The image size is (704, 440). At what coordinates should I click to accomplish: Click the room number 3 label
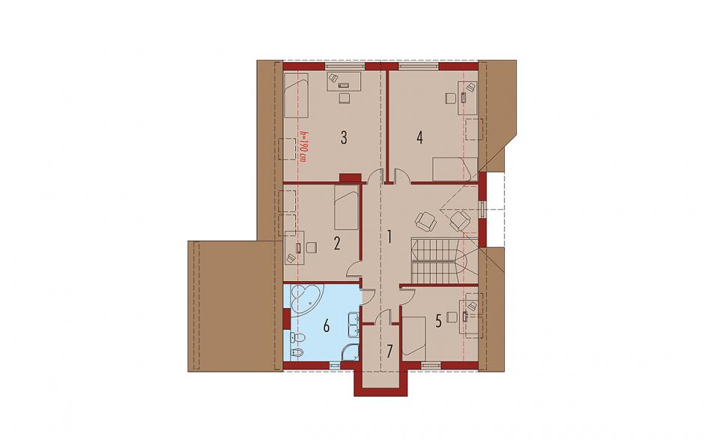coord(344,137)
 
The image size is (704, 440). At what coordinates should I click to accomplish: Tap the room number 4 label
coord(419,137)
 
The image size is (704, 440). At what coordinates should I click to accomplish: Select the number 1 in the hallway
coord(389,237)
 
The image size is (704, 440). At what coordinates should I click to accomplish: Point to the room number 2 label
coord(337,244)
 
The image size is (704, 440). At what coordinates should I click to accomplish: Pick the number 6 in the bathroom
coord(327,326)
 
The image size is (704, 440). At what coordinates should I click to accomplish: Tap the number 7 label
coord(389,351)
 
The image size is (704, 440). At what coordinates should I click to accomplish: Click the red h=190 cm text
coord(303,146)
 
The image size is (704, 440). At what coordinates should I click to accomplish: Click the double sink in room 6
coord(353,325)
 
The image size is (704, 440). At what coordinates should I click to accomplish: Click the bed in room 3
coord(297,95)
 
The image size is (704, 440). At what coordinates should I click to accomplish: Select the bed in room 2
coord(347,208)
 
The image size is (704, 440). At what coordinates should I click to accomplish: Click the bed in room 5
coord(414,336)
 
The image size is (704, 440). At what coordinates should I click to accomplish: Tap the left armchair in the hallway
coord(425,221)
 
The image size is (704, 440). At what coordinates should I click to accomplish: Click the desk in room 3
coord(344,82)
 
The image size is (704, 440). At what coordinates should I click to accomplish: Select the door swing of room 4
coord(401,175)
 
